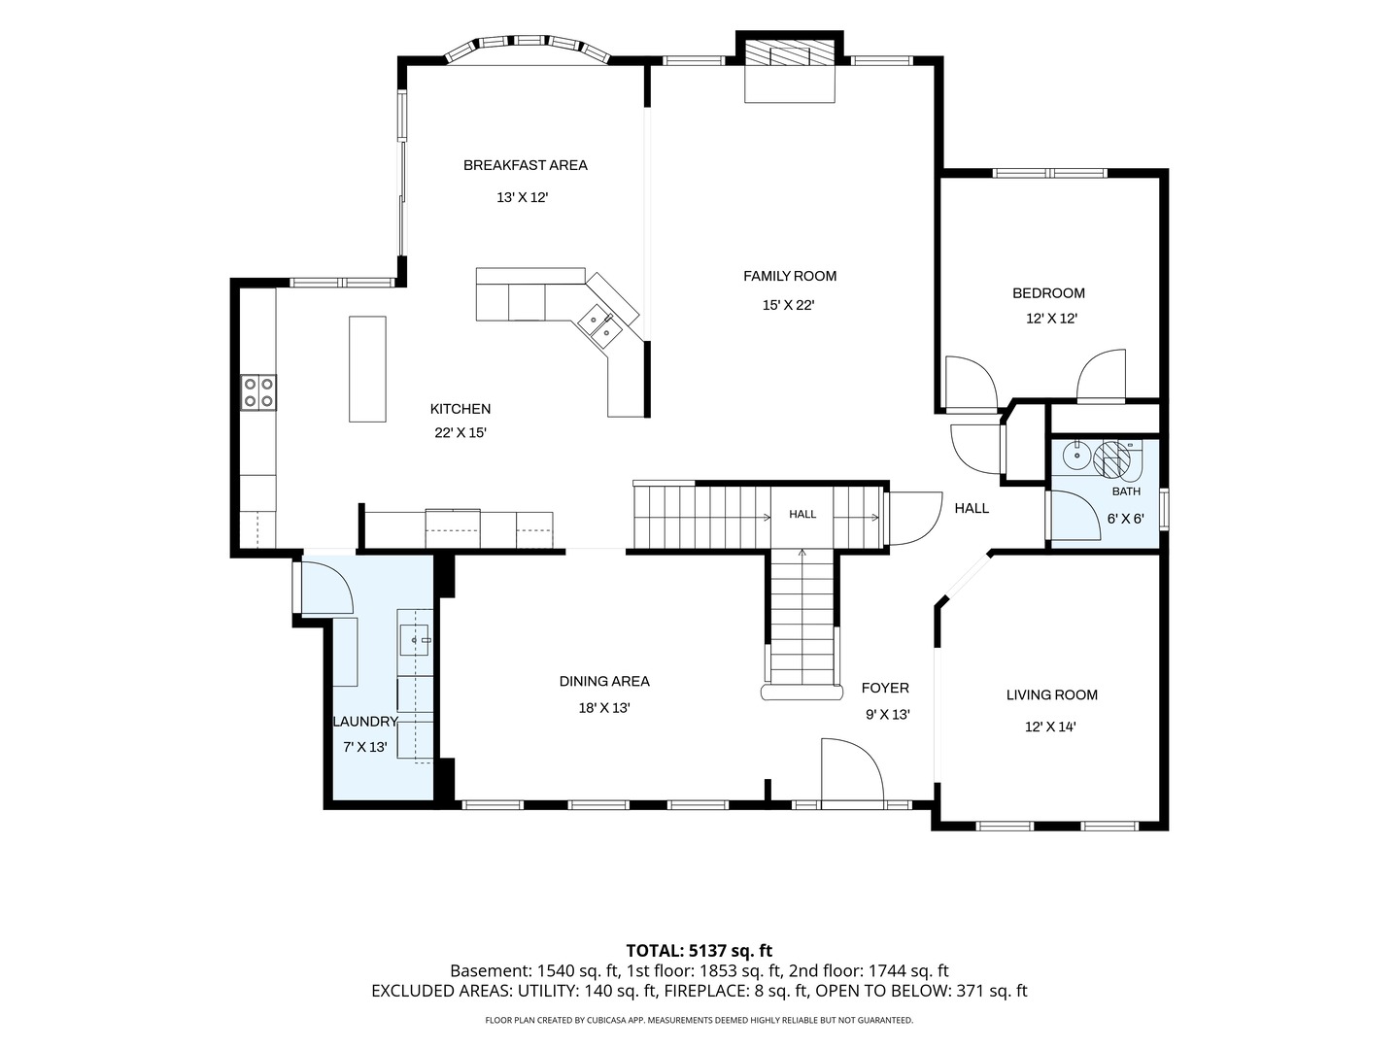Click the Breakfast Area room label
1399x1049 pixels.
click(526, 165)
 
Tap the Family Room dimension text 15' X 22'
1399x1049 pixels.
click(789, 305)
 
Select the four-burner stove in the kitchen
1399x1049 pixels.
click(258, 391)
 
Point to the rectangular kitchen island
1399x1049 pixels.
click(367, 369)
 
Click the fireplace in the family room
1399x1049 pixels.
click(790, 67)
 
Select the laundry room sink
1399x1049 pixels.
click(415, 639)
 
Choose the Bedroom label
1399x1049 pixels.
click(1048, 293)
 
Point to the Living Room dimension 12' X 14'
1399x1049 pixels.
click(1050, 727)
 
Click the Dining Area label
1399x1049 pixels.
click(604, 682)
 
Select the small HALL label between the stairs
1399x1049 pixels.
click(802, 514)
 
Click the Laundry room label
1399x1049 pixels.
click(365, 722)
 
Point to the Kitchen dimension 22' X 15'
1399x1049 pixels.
click(461, 433)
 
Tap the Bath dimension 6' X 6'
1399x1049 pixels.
click(1125, 519)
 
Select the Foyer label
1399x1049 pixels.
click(885, 688)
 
